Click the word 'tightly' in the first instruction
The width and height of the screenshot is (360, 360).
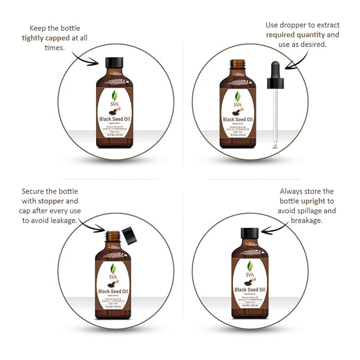33,38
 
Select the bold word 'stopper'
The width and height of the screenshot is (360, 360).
50,201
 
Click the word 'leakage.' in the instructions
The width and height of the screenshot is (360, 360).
64,220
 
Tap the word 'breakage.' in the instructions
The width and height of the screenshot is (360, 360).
308,220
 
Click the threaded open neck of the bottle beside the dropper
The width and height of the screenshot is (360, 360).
238,65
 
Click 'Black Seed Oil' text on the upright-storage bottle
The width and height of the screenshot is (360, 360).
250,289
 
